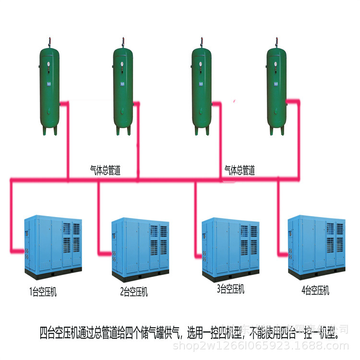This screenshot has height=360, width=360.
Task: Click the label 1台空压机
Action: pos(43,292)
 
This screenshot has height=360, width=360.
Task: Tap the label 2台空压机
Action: pos(134,291)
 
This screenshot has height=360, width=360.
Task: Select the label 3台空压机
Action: pos(230,289)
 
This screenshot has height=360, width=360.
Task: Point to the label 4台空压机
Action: pos(315,290)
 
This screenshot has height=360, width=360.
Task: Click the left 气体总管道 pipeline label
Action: pos(105,170)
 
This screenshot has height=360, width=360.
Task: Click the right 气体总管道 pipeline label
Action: pos(240,170)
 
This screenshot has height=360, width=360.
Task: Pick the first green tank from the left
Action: pos(48,89)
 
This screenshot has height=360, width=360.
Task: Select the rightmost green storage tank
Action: pos(276,89)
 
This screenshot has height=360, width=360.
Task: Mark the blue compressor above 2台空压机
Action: pos(140,248)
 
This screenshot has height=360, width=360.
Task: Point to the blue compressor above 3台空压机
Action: pos(231,247)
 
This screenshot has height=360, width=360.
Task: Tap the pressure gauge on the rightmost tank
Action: pos(276,62)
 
